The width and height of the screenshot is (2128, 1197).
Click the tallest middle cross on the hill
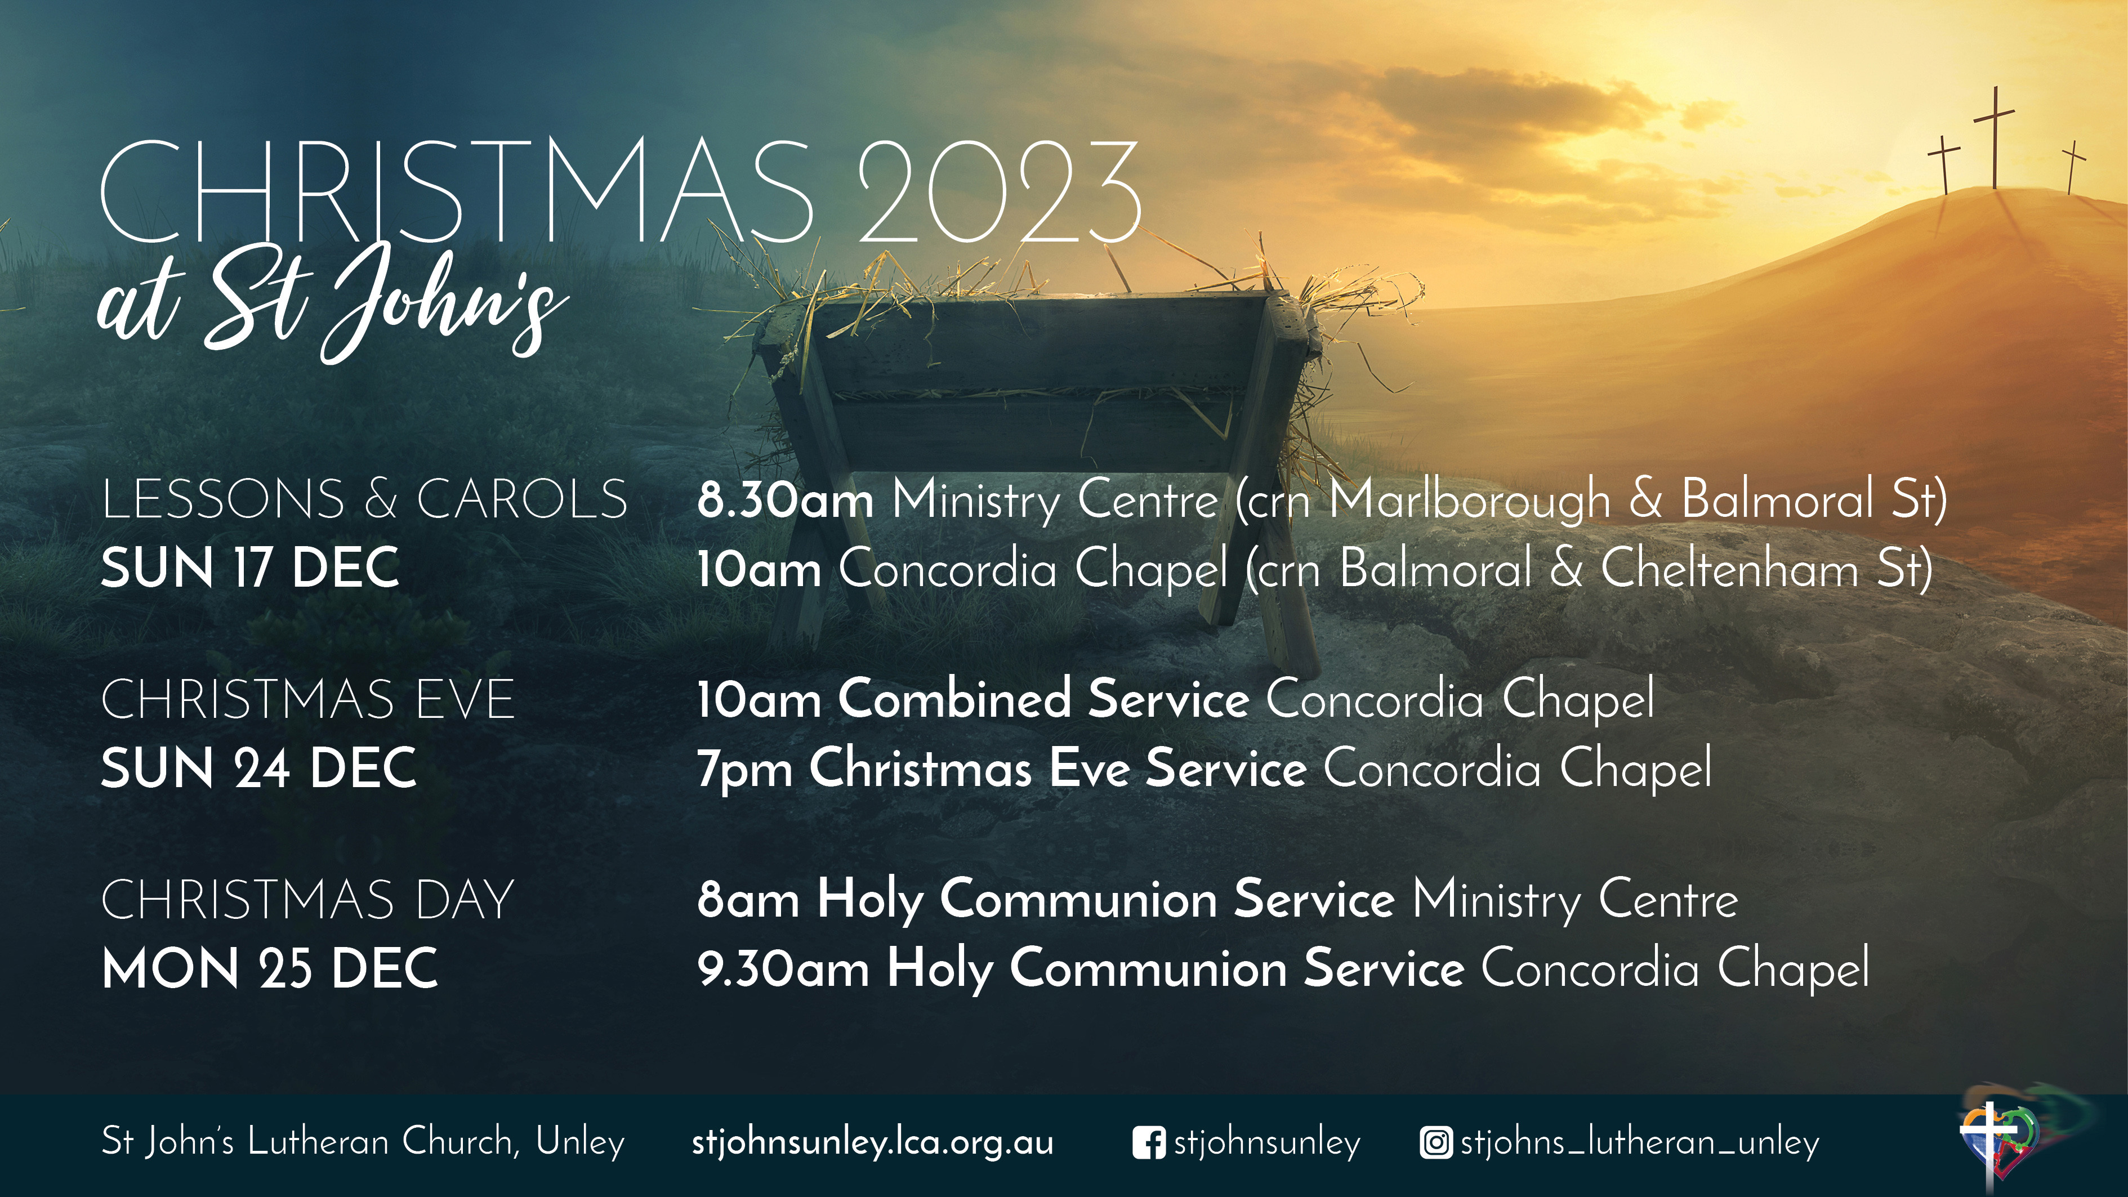1994,138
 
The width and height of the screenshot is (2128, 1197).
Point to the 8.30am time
786,500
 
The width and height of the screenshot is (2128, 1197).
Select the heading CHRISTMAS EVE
308,700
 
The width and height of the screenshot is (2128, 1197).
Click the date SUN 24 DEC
258,769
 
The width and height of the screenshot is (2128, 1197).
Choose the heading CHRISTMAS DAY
307,900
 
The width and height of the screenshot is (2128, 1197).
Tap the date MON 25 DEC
269,968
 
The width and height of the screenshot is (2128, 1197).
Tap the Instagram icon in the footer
1436,1144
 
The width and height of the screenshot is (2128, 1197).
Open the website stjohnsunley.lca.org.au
872,1144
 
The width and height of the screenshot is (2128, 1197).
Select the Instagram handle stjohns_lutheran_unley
1640,1144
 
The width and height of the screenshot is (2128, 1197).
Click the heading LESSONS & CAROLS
364,500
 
